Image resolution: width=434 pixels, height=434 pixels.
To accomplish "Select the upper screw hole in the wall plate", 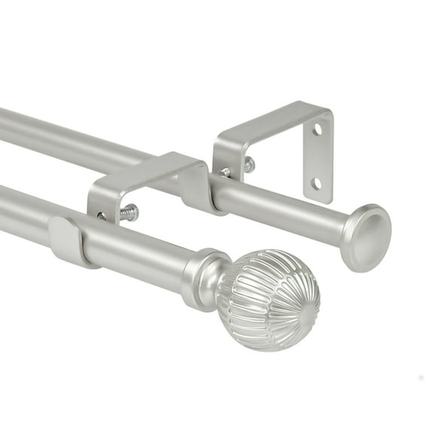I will click(317, 130).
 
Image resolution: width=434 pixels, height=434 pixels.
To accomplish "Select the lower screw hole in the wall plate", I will click(317, 182).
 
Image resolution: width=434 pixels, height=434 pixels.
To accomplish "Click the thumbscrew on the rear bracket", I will click(248, 165).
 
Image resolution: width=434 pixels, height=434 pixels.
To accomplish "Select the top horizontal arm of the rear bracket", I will click(271, 121).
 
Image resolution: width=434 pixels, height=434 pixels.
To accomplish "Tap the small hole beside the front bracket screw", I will click(102, 215).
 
